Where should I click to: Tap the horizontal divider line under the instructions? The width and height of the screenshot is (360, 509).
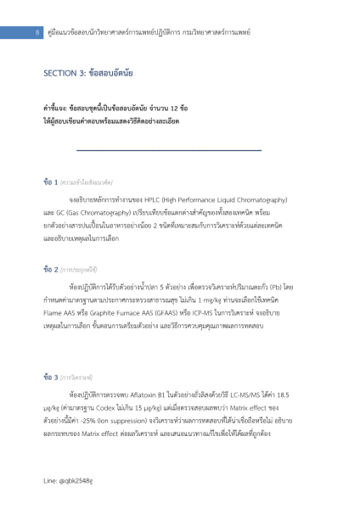point(180,150)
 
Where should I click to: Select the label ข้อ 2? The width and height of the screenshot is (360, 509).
point(50,269)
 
